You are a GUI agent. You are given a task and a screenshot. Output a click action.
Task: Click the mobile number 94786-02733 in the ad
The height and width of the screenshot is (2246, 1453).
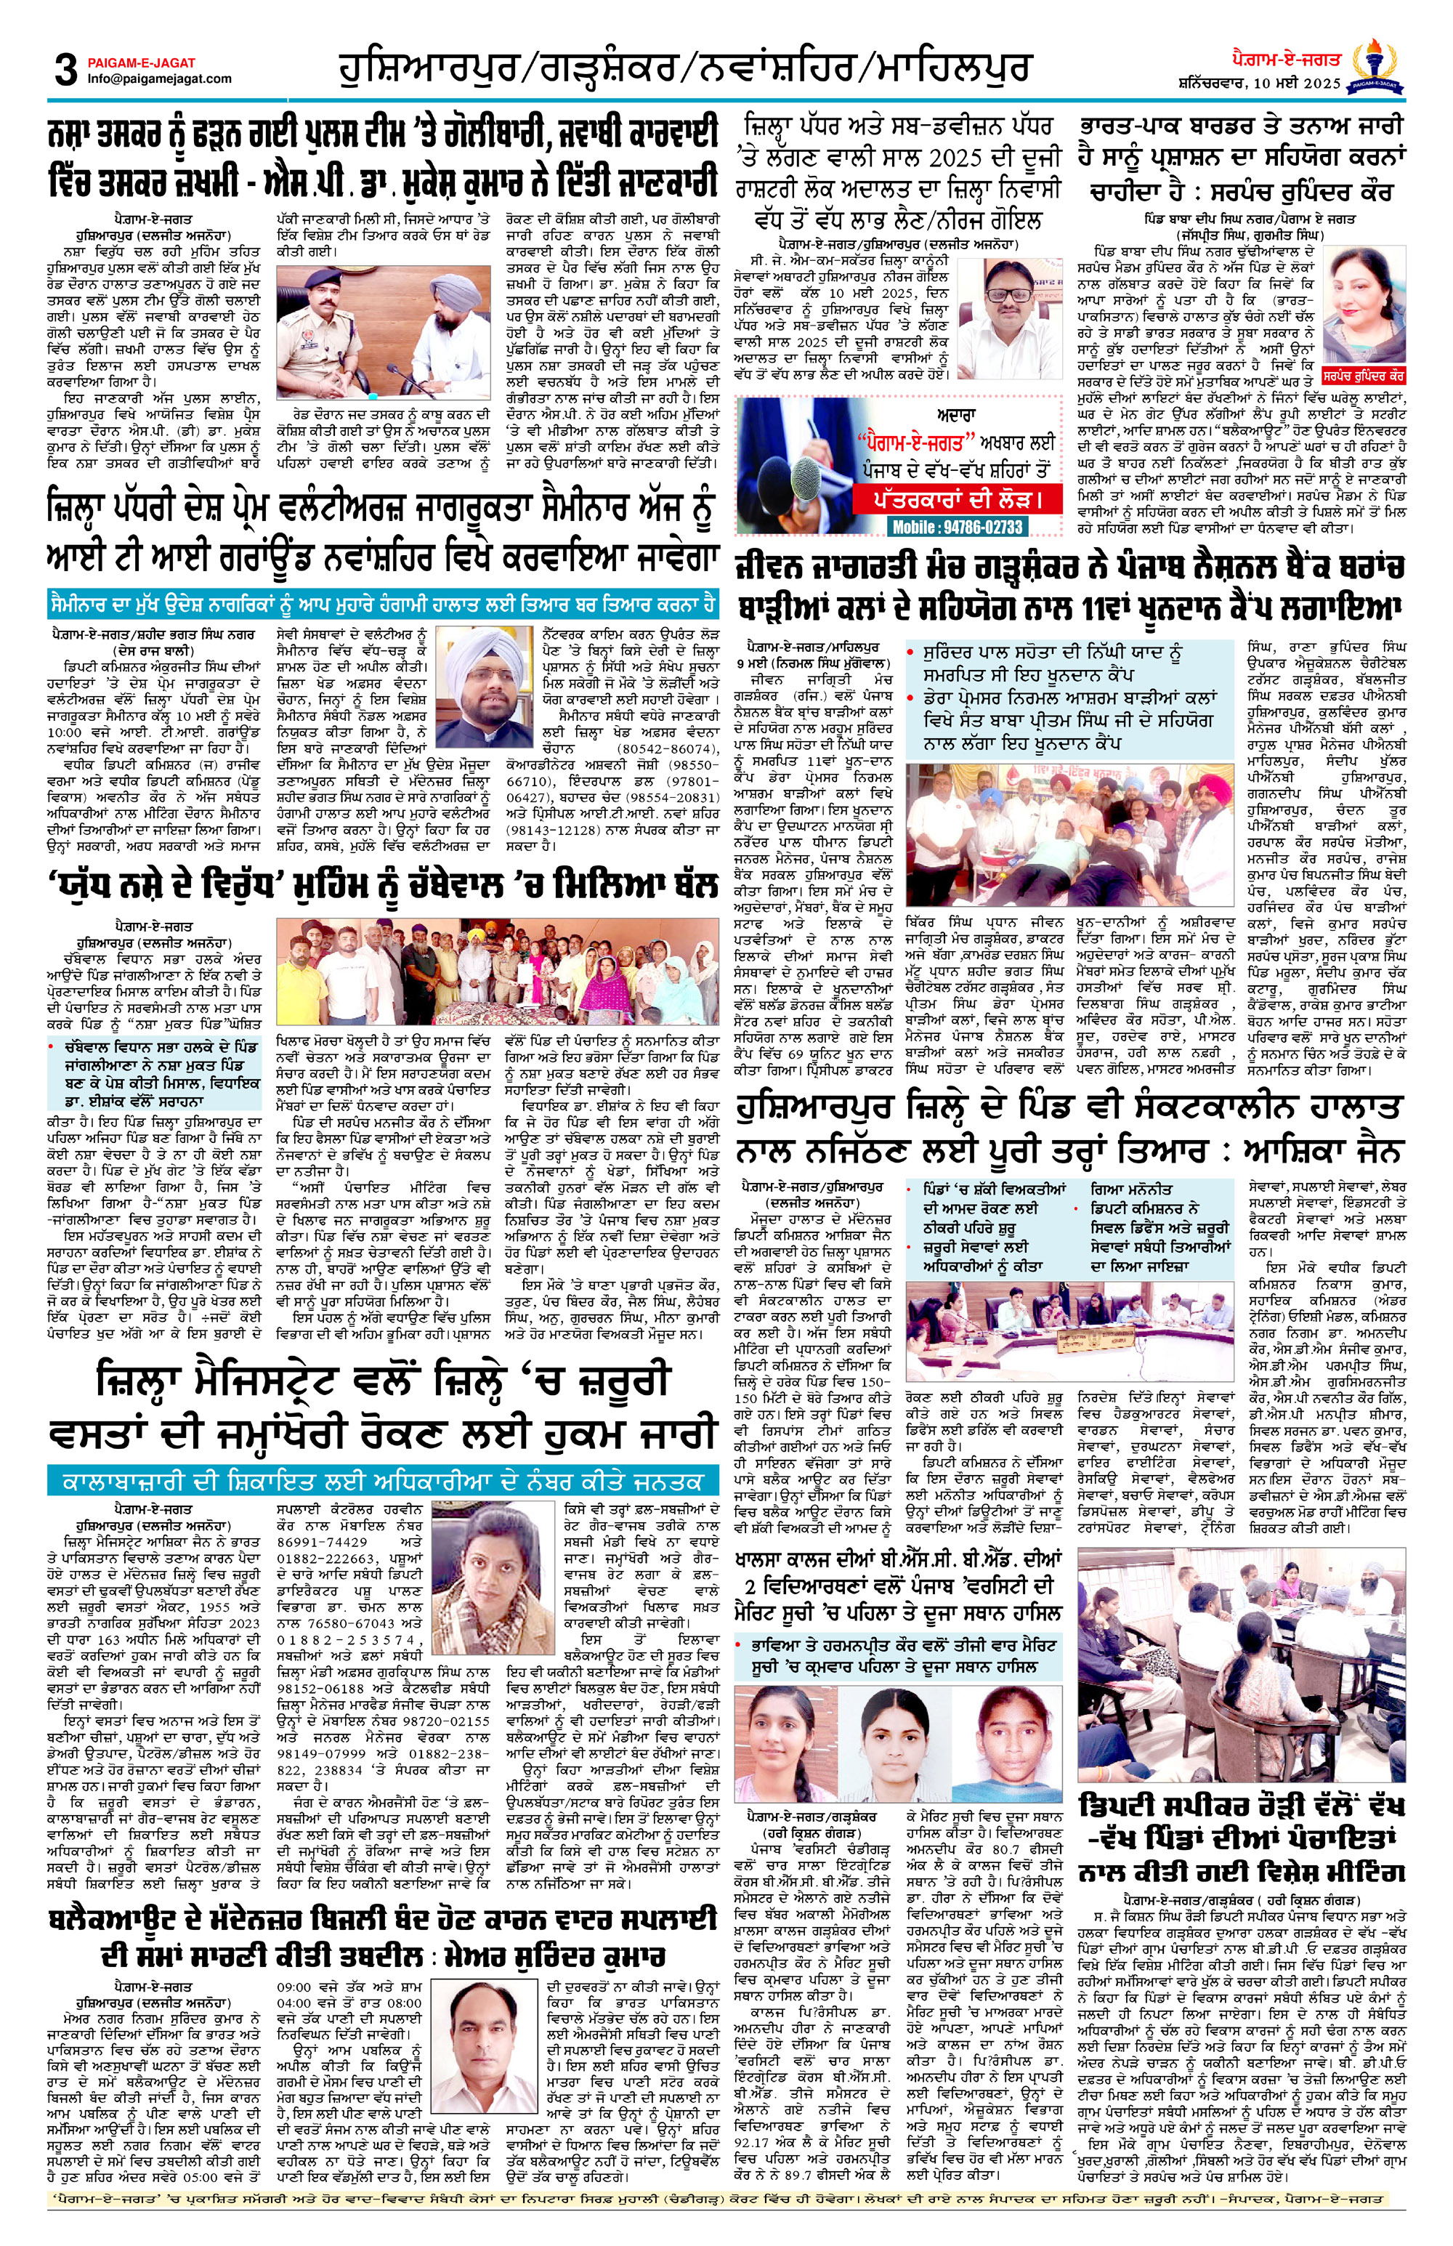(957, 527)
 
